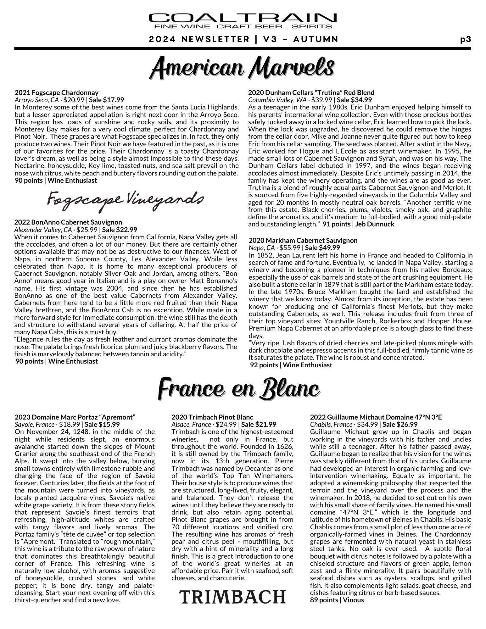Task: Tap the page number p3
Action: tap(465, 40)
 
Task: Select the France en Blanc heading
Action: tap(239, 389)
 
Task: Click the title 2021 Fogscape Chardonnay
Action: tap(57, 93)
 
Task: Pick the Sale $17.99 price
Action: tap(107, 100)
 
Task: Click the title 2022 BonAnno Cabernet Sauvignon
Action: tap(68, 222)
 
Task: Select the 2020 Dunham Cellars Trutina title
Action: tap(311, 93)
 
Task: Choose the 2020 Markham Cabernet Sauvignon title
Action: tap(303, 241)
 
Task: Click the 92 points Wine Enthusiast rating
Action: tap(291, 365)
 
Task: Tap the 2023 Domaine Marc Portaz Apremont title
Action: tap(75, 417)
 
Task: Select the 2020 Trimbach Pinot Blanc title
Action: tap(212, 417)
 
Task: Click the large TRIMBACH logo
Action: tap(232, 597)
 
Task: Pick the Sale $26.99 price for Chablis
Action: tap(400, 425)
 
